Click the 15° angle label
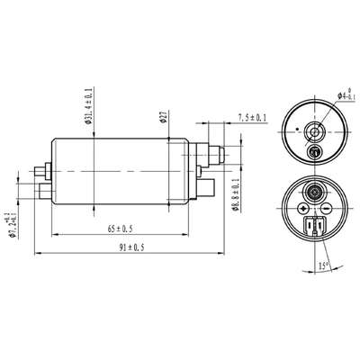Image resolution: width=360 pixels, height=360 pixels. [x=322, y=266]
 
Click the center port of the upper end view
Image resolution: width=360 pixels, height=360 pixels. [x=314, y=130]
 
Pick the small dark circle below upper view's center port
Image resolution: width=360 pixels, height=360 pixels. [x=314, y=150]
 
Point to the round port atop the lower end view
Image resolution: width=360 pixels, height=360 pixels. [x=315, y=191]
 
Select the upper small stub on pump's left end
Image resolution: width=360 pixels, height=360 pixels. [x=40, y=167]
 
